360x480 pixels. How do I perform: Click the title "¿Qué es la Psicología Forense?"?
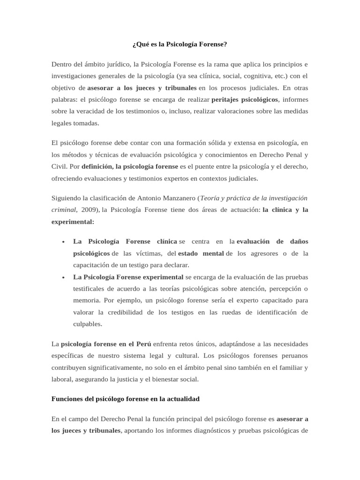click(x=180, y=45)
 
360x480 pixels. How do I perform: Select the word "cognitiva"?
click(x=249, y=75)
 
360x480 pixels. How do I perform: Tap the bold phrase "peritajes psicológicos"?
click(x=245, y=99)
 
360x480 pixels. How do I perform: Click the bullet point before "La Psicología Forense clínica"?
click(x=63, y=242)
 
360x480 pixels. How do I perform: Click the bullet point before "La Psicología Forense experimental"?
click(x=63, y=277)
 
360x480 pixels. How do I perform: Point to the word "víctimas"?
click(x=149, y=254)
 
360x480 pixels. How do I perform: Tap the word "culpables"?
click(x=88, y=324)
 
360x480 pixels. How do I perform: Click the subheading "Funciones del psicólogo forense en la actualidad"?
click(x=125, y=399)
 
